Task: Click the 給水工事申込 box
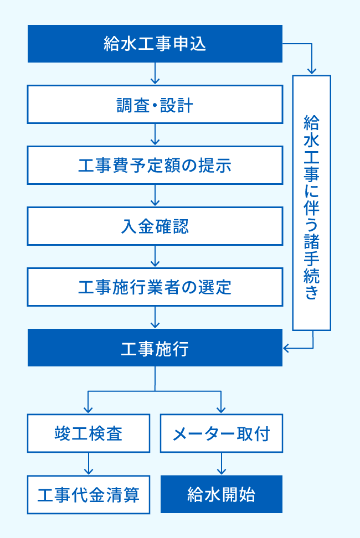[x=155, y=44]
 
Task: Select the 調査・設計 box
[x=155, y=105]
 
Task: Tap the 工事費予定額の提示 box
[x=155, y=165]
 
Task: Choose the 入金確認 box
[x=155, y=226]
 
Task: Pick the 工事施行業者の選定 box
[x=155, y=287]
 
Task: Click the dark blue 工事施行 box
[x=155, y=348]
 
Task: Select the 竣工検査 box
[x=89, y=433]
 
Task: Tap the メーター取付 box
[x=222, y=433]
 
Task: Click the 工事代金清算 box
[x=89, y=494]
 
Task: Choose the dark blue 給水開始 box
[x=222, y=494]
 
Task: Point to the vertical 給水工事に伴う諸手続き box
[x=312, y=203]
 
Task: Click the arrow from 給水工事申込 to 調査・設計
[x=155, y=74]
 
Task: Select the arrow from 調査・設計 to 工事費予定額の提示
[x=155, y=134]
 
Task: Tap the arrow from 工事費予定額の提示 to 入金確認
[x=155, y=195]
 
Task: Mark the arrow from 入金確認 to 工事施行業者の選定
[x=155, y=256]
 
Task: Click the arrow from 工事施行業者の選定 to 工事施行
[x=155, y=317]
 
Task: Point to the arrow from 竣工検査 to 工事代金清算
[x=89, y=464]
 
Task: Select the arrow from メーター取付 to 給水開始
[x=222, y=464]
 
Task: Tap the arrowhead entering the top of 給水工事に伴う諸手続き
[x=312, y=70]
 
